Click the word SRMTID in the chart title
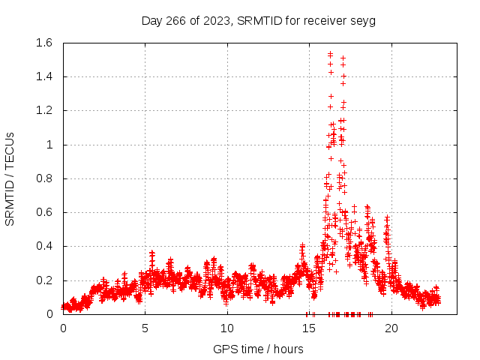(256, 21)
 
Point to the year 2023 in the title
(217, 21)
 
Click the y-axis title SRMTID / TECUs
(10, 178)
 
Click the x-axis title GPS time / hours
(258, 349)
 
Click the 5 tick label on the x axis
(145, 328)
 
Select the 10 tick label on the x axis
(226, 328)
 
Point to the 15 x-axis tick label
(308, 328)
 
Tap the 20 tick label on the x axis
(390, 328)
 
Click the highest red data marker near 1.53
(330, 54)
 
